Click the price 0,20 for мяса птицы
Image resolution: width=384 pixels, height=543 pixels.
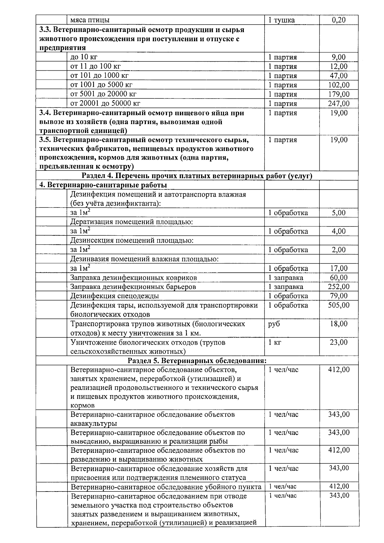point(339,20)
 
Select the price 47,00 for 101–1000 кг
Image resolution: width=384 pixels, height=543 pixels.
point(339,76)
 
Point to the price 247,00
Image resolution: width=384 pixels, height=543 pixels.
point(339,104)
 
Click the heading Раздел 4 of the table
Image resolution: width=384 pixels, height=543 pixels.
point(197,176)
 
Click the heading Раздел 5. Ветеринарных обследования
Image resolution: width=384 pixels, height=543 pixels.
point(197,361)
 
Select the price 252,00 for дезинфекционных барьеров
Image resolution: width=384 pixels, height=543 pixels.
point(339,287)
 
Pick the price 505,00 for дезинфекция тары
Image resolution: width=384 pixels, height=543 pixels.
point(339,305)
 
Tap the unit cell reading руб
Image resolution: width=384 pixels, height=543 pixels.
point(274,324)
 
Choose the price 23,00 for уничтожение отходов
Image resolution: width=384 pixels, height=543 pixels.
point(339,342)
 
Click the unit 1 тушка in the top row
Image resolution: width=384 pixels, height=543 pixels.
point(281,20)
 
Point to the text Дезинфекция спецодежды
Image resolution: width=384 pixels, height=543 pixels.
point(114,296)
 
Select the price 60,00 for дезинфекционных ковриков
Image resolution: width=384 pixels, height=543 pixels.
point(339,278)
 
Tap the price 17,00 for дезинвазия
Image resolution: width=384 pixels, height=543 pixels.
point(339,268)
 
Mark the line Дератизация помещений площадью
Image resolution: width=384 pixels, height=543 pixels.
point(131,222)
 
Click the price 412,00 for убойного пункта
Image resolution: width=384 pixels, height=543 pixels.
point(339,486)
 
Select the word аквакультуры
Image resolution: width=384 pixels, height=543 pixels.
point(93,424)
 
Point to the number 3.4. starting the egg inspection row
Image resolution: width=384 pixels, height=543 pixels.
point(45,113)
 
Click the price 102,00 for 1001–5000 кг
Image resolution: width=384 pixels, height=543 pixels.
point(339,85)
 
